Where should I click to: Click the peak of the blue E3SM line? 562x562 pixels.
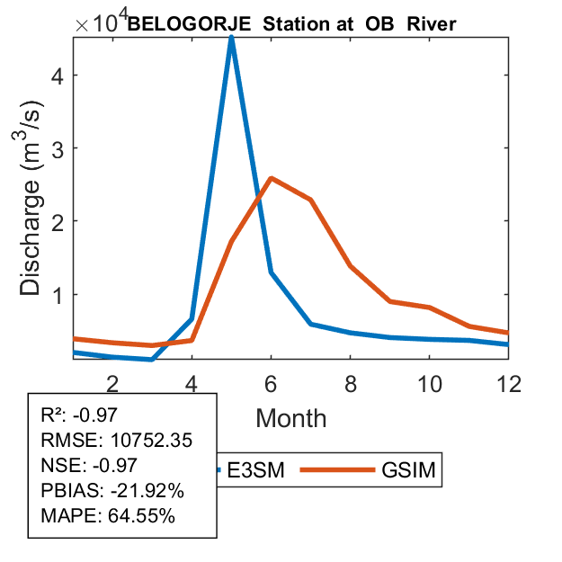[231, 38]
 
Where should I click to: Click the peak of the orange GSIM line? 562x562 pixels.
[271, 178]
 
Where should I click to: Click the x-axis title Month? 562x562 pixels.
[291, 418]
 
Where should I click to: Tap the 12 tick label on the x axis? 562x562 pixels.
[508, 384]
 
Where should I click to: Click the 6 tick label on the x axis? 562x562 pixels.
[271, 384]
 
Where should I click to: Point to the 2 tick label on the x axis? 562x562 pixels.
[112, 384]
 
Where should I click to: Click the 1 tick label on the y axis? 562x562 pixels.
[57, 294]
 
